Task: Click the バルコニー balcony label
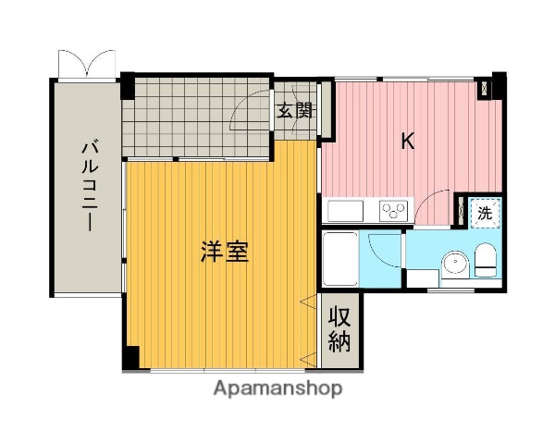[x=89, y=185]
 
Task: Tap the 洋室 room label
[x=224, y=253]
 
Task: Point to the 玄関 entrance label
[x=295, y=113]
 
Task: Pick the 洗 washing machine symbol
[x=484, y=213]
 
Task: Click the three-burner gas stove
[x=392, y=211]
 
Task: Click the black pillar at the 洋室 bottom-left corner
[x=130, y=357]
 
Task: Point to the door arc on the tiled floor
[x=248, y=113]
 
